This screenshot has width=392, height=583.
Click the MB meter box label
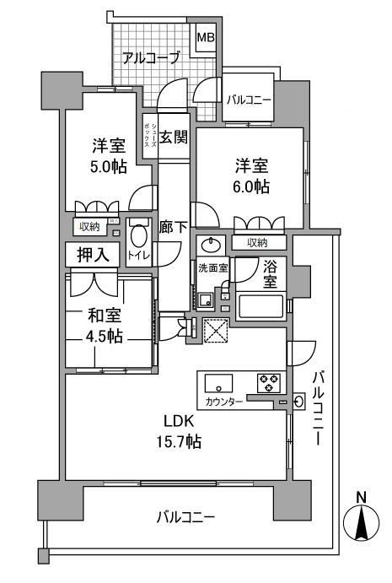206,38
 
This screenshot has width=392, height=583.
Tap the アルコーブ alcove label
151,58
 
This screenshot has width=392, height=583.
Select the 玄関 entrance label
174,138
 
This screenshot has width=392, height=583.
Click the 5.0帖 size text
109,167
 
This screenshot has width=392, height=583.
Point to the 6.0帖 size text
251,186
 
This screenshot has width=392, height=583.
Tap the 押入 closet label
93,255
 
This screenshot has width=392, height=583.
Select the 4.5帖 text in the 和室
104,337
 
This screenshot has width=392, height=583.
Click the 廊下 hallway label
173,227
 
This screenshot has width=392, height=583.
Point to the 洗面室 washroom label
213,267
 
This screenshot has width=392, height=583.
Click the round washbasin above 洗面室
211,245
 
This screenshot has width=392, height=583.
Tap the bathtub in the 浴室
260,306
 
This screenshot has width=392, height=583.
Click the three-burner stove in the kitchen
269,383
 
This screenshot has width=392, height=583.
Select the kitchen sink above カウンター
219,383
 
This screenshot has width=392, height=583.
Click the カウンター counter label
223,402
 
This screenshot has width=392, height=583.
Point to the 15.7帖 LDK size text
179,441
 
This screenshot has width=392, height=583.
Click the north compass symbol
361,521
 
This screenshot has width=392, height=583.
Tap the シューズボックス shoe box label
151,136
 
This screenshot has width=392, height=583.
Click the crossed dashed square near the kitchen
216,330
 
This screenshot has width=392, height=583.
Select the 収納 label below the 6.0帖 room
257,243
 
